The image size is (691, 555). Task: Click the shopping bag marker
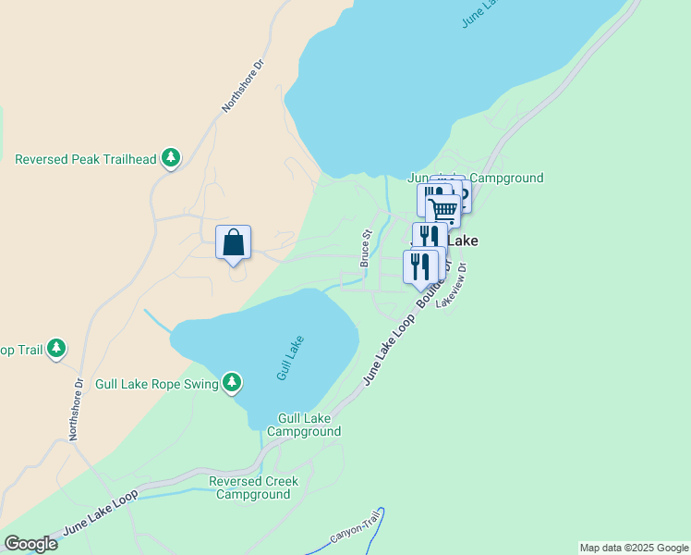coord(233,243)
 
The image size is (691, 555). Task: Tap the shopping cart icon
coord(443,210)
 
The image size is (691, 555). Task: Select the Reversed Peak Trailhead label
coord(86,159)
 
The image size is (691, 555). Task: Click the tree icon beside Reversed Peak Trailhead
coord(170,159)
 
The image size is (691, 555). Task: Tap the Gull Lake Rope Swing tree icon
coord(232,382)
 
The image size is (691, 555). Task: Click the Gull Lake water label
coord(290,359)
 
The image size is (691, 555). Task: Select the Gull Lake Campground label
coord(304,425)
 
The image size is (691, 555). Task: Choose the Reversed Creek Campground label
coord(253,487)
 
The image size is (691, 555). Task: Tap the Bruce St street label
coord(366,249)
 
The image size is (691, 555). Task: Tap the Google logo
coord(30,544)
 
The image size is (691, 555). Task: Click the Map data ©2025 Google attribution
coord(633,548)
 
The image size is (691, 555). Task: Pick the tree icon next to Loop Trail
coord(57,349)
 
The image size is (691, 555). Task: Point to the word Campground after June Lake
coord(506,178)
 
